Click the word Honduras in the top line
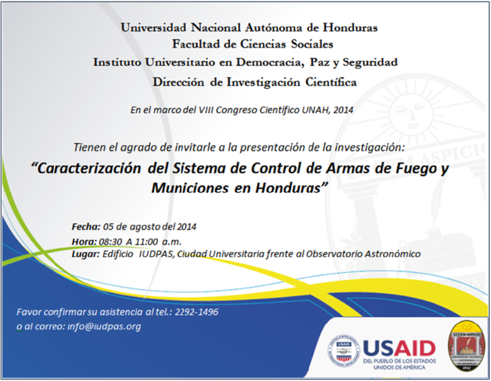click(x=350, y=27)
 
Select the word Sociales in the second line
click(x=312, y=44)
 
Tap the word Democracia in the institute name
click(x=270, y=62)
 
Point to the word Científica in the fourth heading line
click(x=331, y=82)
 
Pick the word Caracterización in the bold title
click(x=89, y=168)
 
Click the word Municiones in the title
click(x=190, y=188)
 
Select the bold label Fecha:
click(x=86, y=226)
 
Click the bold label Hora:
click(x=85, y=242)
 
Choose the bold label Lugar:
click(x=85, y=254)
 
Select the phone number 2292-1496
click(x=196, y=311)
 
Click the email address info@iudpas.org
click(x=104, y=326)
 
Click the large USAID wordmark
click(x=399, y=348)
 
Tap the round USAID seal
click(x=344, y=353)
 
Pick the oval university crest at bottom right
click(x=466, y=346)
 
